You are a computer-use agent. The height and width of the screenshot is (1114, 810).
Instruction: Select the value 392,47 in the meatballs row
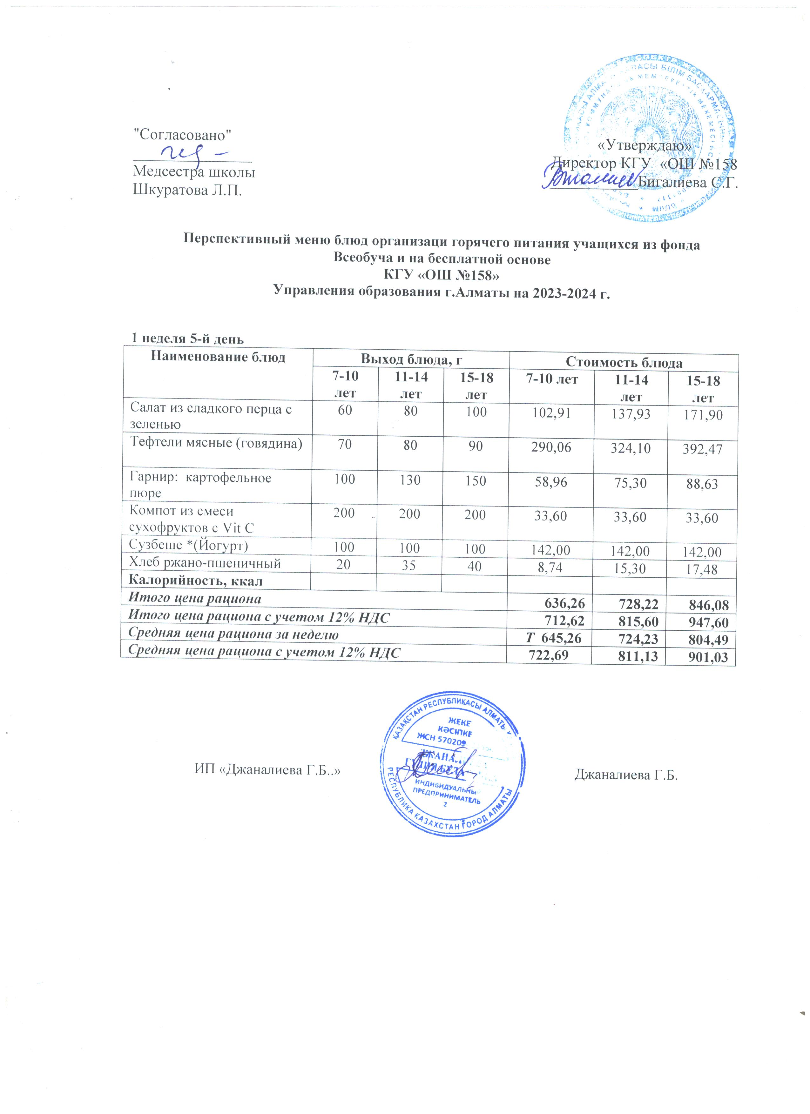click(703, 448)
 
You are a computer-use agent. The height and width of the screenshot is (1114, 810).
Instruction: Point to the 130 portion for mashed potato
click(410, 480)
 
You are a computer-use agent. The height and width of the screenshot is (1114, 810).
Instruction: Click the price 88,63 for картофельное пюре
click(703, 484)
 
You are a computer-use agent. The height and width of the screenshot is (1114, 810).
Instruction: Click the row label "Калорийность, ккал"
click(195, 581)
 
